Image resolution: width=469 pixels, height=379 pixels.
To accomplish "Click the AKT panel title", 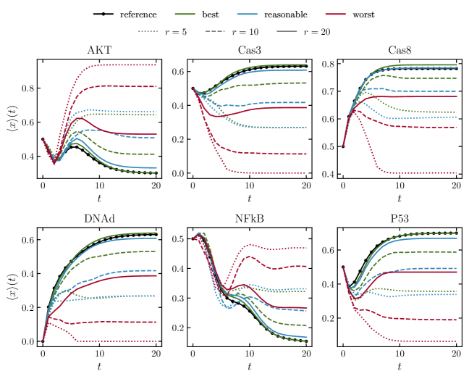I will [100, 51].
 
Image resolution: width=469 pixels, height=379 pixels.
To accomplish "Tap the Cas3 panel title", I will [250, 51].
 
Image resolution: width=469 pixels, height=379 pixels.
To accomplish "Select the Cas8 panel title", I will [400, 51].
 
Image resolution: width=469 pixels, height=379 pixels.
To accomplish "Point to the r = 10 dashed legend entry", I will [241, 32].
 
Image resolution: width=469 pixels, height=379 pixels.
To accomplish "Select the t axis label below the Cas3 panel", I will [250, 198].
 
